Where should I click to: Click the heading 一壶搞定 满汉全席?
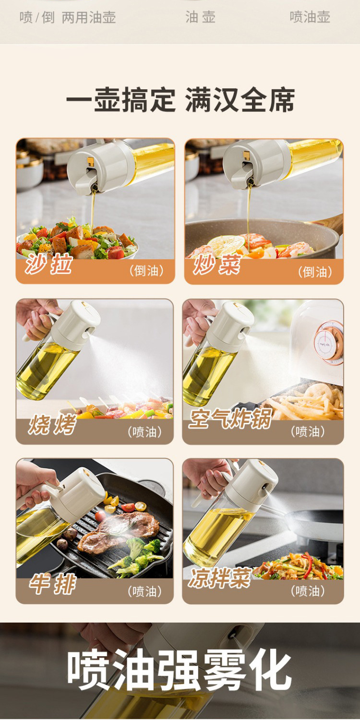[180, 99]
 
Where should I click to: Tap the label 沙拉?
[48, 264]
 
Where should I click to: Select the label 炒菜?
[216, 265]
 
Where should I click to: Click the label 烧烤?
[52, 424]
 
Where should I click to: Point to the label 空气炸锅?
[230, 419]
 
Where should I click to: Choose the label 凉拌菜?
[220, 578]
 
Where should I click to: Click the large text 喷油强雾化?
[180, 669]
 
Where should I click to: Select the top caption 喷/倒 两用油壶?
[68, 17]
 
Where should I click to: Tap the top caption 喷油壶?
[310, 17]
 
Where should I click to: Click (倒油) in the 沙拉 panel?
[146, 271]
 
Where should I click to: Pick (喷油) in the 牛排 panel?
[144, 591]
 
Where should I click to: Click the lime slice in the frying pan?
[226, 245]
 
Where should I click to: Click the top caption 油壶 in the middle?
[200, 17]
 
